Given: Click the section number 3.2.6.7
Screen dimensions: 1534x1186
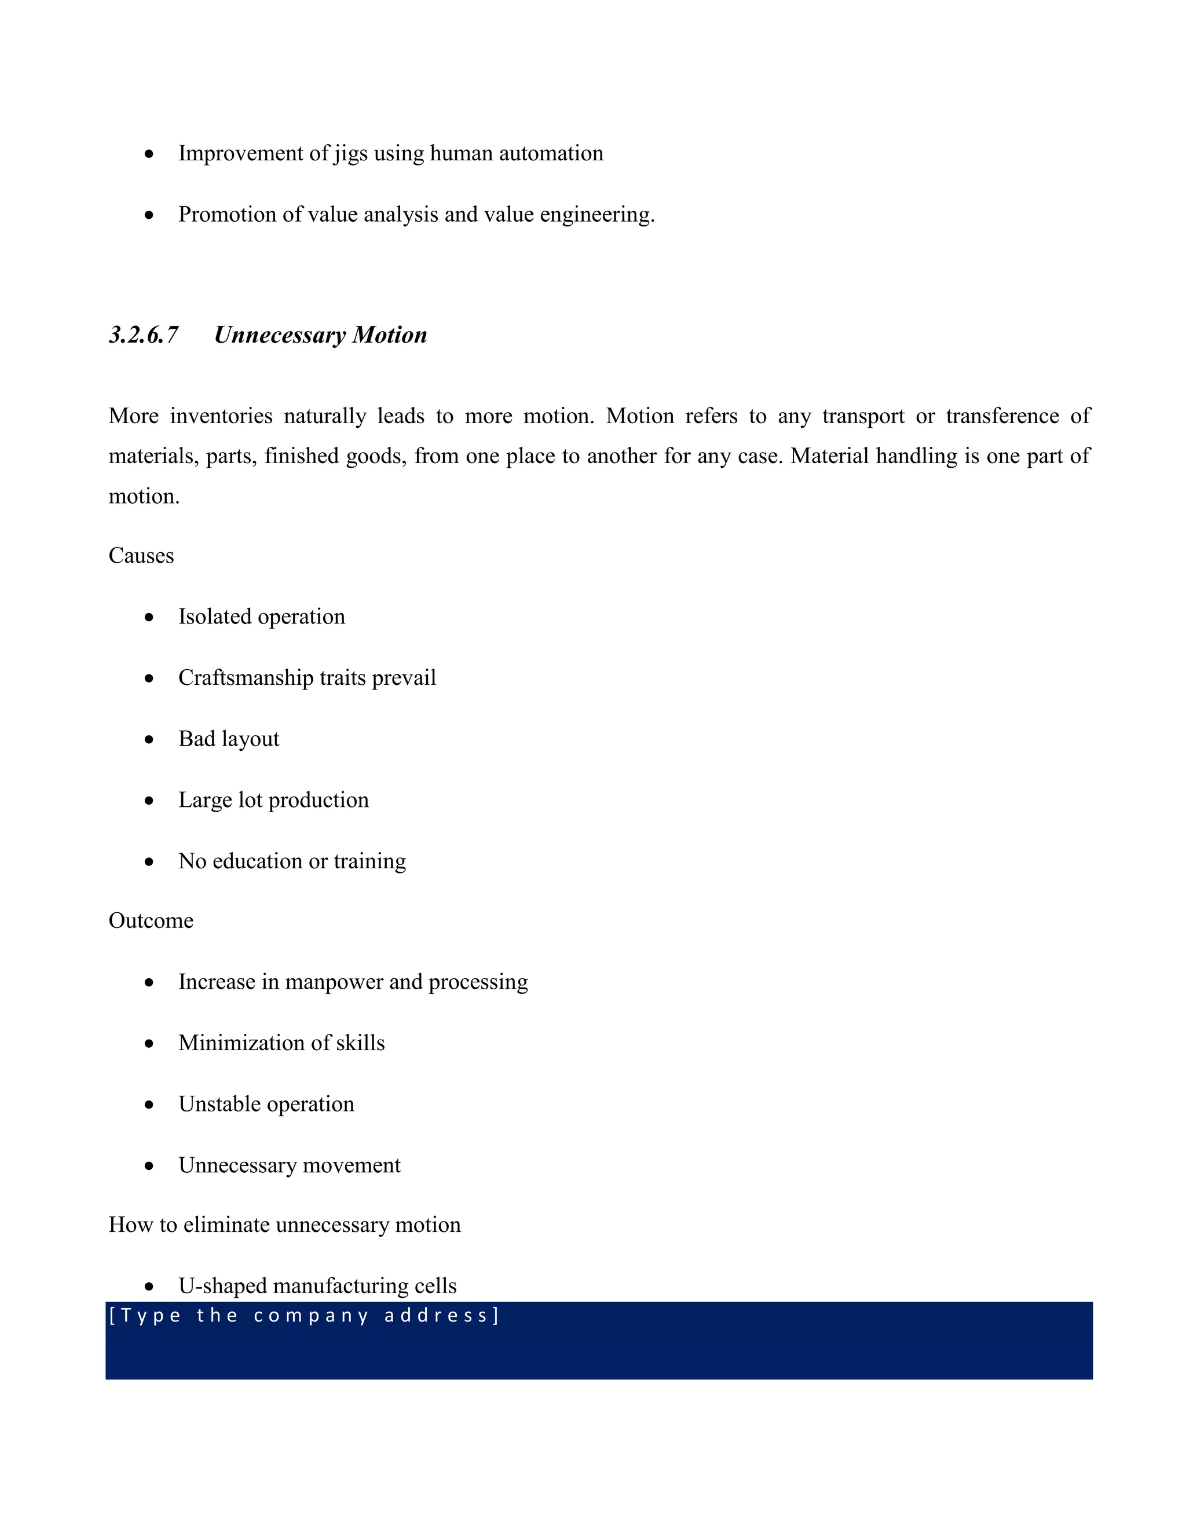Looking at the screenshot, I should pyautogui.click(x=144, y=335).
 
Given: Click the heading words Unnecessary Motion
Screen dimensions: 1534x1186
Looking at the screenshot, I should pyautogui.click(x=320, y=335).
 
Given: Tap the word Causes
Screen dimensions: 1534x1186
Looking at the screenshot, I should pyautogui.click(x=141, y=556).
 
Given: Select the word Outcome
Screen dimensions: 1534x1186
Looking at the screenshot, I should pyautogui.click(x=151, y=921).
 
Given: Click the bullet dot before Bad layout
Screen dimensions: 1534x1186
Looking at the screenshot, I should pyautogui.click(x=149, y=740).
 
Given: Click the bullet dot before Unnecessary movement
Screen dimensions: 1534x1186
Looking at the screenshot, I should pyautogui.click(x=149, y=1166).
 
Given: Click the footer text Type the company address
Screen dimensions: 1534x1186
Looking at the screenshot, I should pyautogui.click(x=303, y=1316).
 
